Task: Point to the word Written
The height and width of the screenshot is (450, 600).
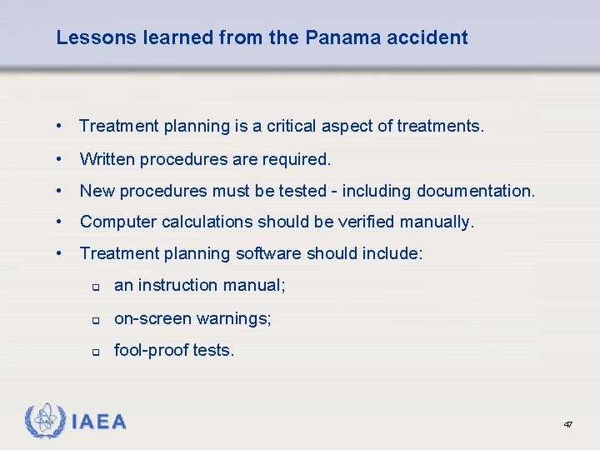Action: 107,158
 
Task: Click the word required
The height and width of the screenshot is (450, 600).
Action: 300,158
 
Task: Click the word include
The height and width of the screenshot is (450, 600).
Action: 392,253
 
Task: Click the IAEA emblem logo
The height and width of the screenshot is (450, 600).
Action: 44,421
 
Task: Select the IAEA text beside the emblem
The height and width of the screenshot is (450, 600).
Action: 98,422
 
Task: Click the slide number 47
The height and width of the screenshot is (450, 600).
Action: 567,425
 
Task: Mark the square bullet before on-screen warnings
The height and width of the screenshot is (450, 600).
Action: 96,320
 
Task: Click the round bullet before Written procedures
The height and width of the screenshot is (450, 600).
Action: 60,158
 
